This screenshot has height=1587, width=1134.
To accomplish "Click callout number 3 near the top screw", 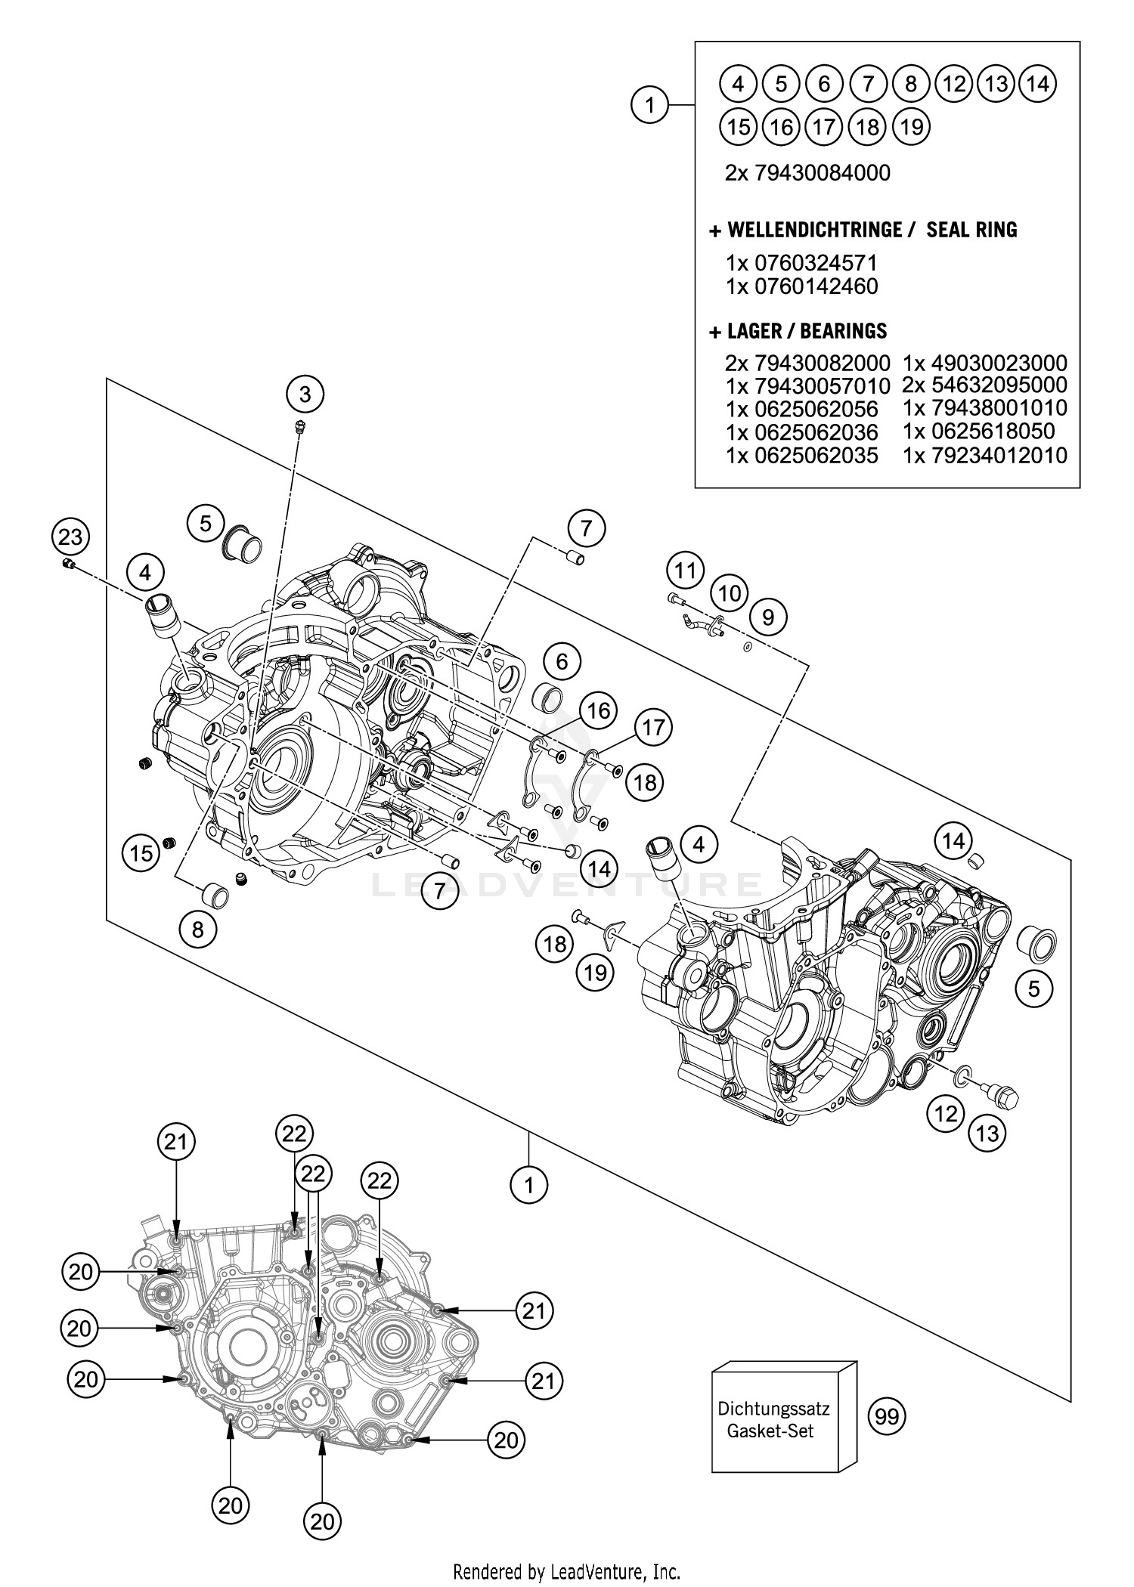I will [305, 394].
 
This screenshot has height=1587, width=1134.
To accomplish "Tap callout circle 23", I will [70, 538].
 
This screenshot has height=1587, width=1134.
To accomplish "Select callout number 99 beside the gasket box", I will [887, 1415].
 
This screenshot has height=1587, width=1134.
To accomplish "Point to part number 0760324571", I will [801, 263].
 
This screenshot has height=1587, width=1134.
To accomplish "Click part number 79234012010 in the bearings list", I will [985, 455].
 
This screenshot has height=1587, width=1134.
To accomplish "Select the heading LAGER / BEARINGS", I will [798, 331].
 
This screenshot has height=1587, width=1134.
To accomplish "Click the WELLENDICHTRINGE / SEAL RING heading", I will [864, 230].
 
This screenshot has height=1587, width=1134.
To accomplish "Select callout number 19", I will [596, 972].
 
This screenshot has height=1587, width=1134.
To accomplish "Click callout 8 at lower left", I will [198, 929].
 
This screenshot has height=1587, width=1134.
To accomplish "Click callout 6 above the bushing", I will [562, 662].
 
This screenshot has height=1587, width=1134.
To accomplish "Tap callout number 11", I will [685, 570].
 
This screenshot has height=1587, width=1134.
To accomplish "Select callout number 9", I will [768, 617].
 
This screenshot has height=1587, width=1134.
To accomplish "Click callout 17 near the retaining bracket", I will [653, 728].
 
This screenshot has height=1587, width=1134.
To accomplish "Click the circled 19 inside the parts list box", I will [912, 126].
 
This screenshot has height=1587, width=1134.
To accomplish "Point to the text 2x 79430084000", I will [807, 173].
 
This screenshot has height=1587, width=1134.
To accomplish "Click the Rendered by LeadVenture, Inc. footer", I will [566, 1573].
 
